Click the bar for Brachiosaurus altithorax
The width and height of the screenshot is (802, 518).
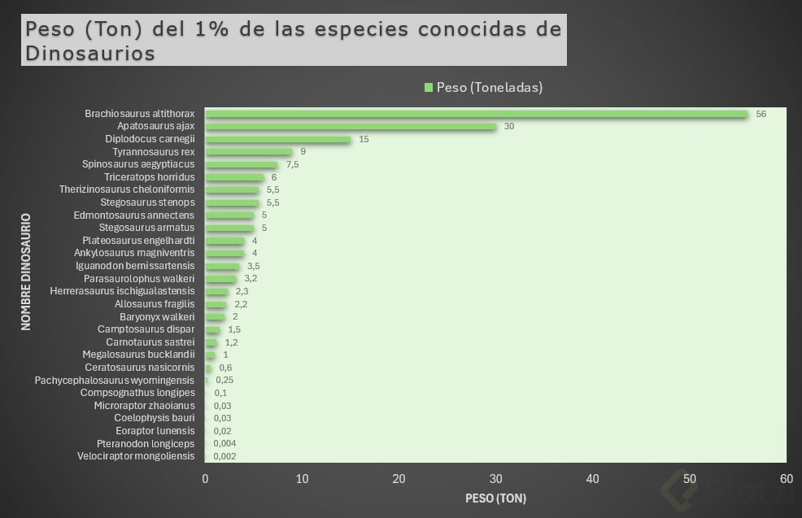tap(476, 114)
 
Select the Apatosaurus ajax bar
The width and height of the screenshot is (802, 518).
tap(350, 127)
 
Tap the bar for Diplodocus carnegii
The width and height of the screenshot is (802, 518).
tap(277, 139)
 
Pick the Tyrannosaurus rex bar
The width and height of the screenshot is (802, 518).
tap(248, 152)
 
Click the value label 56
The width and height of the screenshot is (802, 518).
tap(761, 114)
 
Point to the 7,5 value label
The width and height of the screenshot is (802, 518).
tap(292, 164)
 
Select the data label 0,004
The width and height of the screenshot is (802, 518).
tap(225, 443)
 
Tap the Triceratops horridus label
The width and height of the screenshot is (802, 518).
tap(149, 177)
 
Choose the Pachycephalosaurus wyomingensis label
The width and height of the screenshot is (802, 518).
tap(115, 380)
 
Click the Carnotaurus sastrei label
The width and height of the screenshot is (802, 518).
tap(150, 342)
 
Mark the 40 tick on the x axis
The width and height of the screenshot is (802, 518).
tap(593, 479)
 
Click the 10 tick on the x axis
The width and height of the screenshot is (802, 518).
tap(302, 479)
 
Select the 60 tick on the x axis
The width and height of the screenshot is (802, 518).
tap(787, 479)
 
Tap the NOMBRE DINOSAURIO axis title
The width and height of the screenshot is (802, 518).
tap(26, 272)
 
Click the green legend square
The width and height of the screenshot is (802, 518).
tap(428, 88)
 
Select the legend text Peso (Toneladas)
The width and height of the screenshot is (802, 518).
tap(489, 88)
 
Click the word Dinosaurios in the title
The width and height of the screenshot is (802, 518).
tap(89, 54)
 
